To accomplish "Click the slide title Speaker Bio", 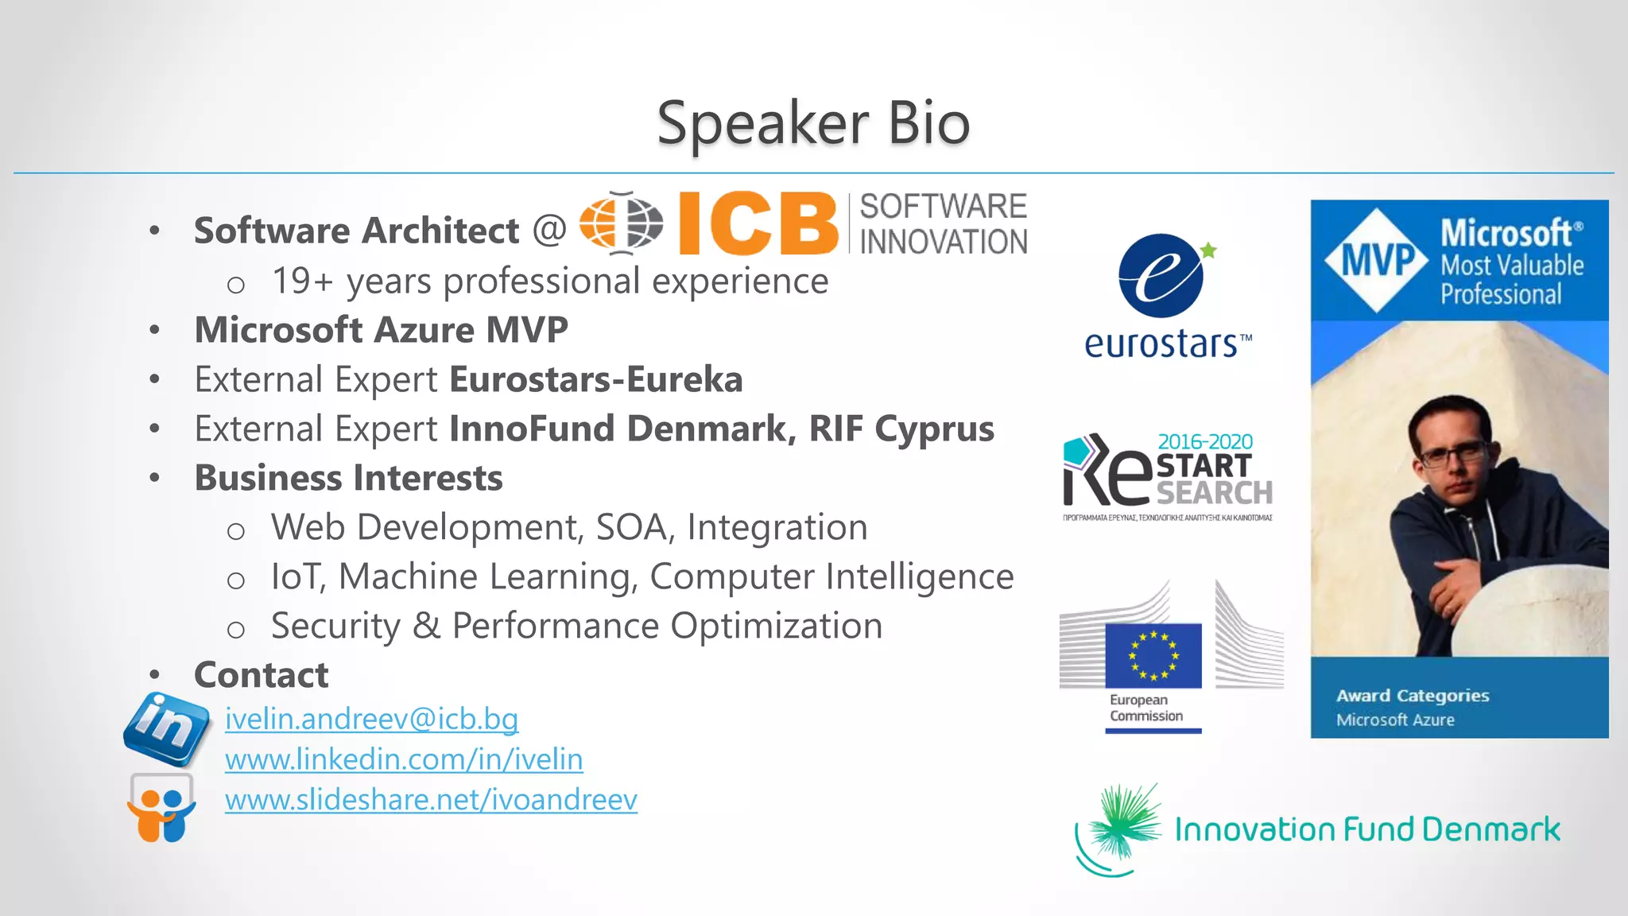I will (813, 123).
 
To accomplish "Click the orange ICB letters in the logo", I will (758, 224).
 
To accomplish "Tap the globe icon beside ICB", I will (621, 223).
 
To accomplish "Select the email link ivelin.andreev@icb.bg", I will (371, 719).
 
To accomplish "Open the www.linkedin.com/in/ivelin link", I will (404, 759).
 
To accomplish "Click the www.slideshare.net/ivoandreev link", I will (431, 800).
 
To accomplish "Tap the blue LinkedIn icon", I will (167, 727).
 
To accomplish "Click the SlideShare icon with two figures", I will (161, 809).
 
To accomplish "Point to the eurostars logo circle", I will (1161, 276).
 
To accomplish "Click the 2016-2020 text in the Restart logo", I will (1204, 441).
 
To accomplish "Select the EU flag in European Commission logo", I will (1153, 655).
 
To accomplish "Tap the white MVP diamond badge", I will (1376, 260).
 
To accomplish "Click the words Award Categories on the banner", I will (1413, 696).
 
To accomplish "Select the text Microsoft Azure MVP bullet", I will (381, 330).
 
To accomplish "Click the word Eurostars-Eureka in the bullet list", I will (595, 379).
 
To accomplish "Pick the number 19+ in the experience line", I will (302, 281).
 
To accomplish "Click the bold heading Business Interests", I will (348, 478).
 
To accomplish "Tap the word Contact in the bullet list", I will (261, 675).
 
